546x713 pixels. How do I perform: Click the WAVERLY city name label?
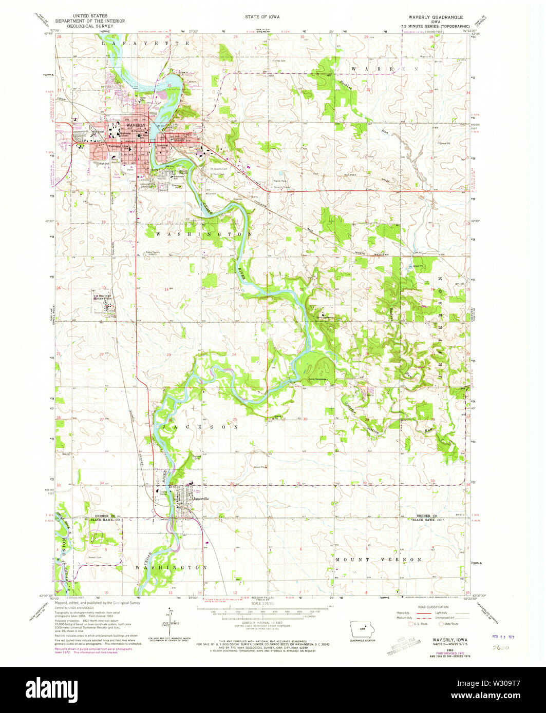point(137,125)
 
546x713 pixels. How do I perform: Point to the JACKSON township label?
point(201,427)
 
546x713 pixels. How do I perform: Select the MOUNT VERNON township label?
point(379,559)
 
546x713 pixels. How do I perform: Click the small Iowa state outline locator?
point(362,629)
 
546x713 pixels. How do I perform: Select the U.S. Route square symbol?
point(409,624)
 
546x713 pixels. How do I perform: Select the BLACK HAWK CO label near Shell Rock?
point(105,520)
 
